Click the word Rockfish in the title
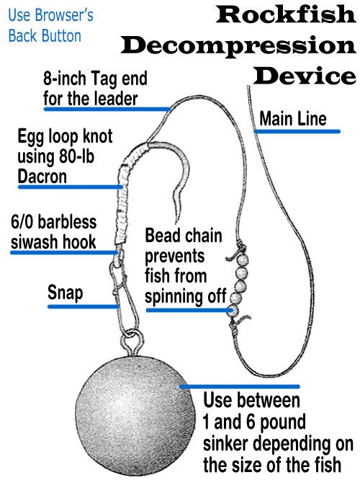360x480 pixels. [286, 14]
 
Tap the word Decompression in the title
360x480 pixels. [238, 46]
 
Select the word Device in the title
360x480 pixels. [305, 76]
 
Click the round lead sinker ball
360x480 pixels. [135, 416]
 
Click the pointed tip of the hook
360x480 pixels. [176, 222]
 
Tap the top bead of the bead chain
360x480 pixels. [243, 261]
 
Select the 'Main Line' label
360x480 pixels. [293, 119]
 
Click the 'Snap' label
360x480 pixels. [65, 293]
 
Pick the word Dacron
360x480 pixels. [42, 177]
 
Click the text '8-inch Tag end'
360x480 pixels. [95, 79]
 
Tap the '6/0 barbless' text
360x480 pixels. [53, 222]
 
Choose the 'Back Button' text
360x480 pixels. [45, 36]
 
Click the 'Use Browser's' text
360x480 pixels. [51, 15]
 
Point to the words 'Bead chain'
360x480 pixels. [184, 236]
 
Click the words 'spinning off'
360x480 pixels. [185, 296]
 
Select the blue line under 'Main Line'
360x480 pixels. [297, 132]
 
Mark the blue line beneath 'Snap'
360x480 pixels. [84, 306]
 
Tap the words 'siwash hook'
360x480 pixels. [53, 242]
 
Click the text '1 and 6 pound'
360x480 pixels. [254, 422]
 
